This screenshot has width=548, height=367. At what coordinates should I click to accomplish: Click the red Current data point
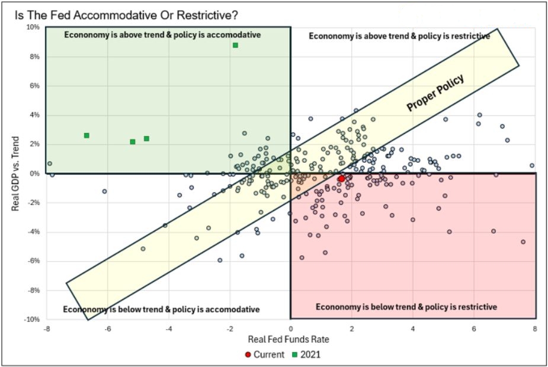click(341, 178)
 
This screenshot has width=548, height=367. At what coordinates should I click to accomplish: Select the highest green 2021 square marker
click(235, 45)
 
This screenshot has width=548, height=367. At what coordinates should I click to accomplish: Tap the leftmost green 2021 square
click(86, 136)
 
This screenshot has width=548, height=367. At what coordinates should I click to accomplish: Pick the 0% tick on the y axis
click(34, 173)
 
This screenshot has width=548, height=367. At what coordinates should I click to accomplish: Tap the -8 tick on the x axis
click(47, 329)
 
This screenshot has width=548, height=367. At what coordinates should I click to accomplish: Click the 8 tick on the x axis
click(535, 329)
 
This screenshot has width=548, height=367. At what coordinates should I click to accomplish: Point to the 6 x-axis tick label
click(474, 329)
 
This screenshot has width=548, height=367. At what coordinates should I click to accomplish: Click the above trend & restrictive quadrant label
click(399, 36)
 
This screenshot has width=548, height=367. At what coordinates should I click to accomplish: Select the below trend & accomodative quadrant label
click(161, 310)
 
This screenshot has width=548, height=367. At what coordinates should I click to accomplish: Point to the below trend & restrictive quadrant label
click(406, 307)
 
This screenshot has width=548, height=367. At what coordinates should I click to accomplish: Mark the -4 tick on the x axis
click(168, 329)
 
